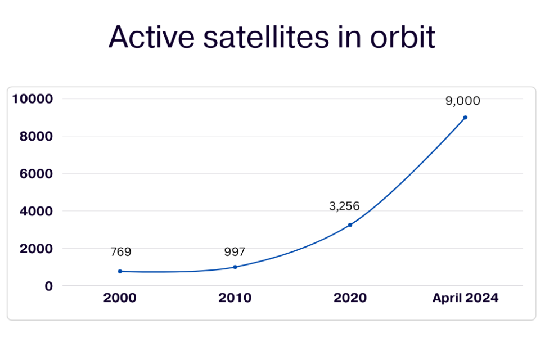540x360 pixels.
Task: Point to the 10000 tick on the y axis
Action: tap(32, 99)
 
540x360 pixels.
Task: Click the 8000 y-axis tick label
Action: tap(36, 136)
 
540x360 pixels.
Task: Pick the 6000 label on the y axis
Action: tap(36, 174)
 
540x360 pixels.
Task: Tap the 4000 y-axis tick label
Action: tap(36, 211)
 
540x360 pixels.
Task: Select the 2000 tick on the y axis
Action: tap(36, 249)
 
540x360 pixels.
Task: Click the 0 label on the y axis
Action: tap(49, 286)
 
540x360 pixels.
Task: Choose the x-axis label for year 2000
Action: tap(120, 298)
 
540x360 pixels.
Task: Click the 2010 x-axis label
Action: tap(235, 298)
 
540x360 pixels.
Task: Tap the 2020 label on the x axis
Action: tap(350, 298)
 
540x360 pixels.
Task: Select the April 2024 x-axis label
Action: tap(465, 298)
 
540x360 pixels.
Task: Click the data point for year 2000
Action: tap(120, 271)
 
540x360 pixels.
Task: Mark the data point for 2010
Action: tap(235, 267)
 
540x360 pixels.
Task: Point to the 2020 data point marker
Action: tap(350, 224)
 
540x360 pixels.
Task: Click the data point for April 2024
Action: tap(465, 118)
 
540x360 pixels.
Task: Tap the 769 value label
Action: tap(120, 252)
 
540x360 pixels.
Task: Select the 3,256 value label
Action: tap(344, 206)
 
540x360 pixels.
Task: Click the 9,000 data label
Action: tap(463, 101)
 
